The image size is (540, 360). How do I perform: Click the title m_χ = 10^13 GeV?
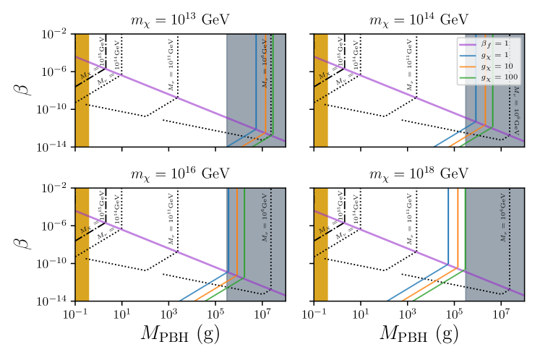[x=180, y=20]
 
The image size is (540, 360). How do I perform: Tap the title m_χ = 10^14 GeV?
[x=419, y=20]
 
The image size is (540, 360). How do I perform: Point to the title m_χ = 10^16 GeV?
[x=180, y=173]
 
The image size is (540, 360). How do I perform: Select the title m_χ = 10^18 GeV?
[x=419, y=173]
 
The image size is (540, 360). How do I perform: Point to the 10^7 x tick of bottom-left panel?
[x=262, y=313]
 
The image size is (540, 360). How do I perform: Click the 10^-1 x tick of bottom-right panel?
[x=313, y=313]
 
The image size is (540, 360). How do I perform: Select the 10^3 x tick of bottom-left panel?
[x=168, y=313]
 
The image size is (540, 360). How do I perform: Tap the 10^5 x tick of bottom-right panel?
[x=454, y=313]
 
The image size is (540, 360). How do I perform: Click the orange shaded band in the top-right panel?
[x=320, y=90]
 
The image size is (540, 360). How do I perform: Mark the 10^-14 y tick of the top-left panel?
[x=54, y=147]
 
